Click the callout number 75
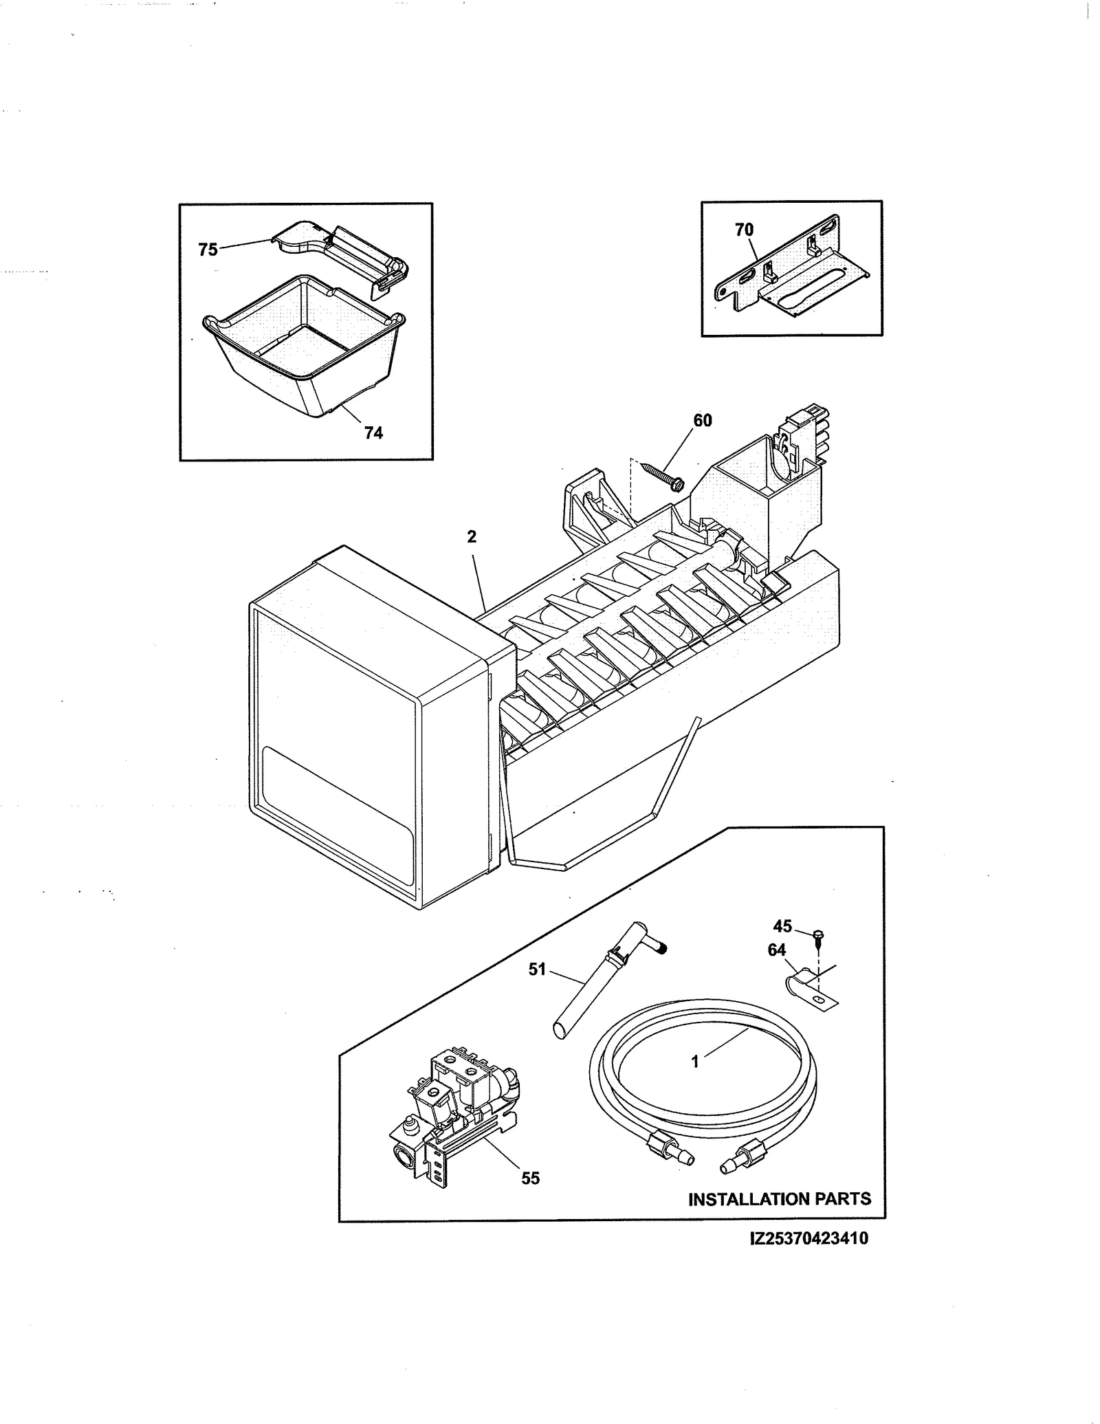pos(208,250)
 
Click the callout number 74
pos(373,432)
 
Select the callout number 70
pos(744,230)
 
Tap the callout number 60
pos(702,420)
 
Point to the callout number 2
pos(472,537)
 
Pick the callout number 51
pos(536,970)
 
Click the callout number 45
pos(782,926)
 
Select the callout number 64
pos(776,950)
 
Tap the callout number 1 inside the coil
pos(695,1062)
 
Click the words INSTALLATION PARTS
pos(779,1199)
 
